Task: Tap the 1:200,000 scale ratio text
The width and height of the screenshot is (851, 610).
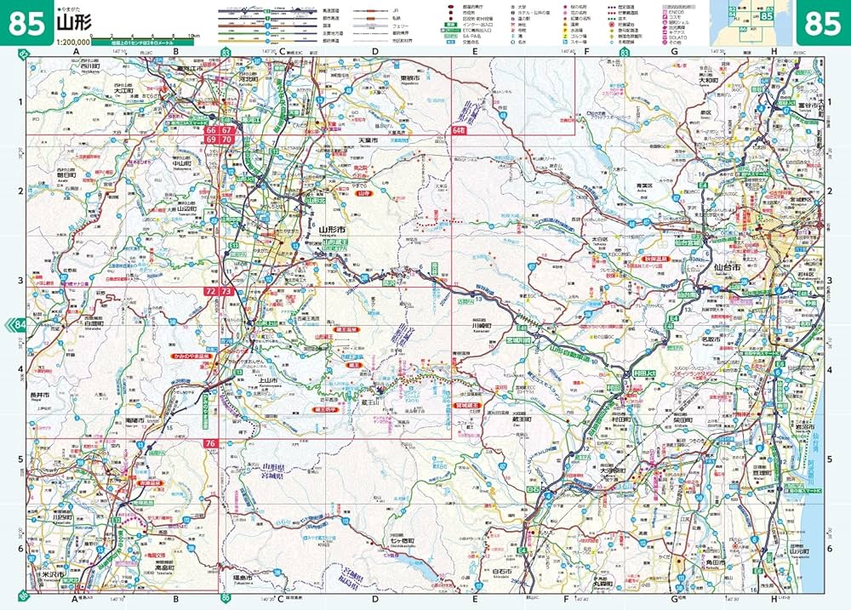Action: coord(71,42)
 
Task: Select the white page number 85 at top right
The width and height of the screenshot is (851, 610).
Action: coord(822,22)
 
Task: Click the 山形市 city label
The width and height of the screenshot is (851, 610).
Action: coord(332,230)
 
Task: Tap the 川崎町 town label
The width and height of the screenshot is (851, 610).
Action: coord(483,324)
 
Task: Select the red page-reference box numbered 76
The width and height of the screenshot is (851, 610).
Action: coord(210,443)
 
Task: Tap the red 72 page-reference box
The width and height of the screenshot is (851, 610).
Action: coord(210,291)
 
